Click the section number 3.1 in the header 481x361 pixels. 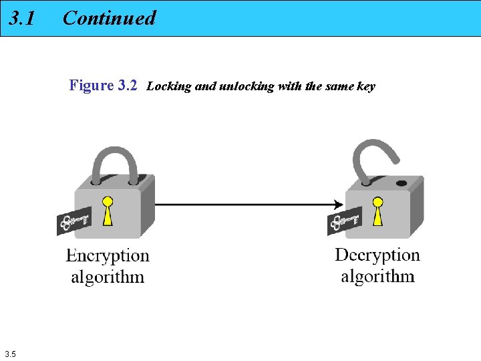[22, 18]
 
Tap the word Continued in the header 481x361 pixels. [109, 18]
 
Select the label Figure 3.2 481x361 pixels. [103, 86]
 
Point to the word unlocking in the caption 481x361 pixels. [247, 86]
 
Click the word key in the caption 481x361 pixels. [366, 86]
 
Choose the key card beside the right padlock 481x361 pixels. [344, 220]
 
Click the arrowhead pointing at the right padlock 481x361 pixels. [339, 204]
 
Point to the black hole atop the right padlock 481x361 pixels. [401, 183]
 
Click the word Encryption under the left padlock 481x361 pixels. [108, 256]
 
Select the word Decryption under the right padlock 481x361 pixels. [377, 255]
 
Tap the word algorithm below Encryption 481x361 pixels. [108, 277]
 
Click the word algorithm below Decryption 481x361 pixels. [377, 276]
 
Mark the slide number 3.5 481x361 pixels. [10, 354]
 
